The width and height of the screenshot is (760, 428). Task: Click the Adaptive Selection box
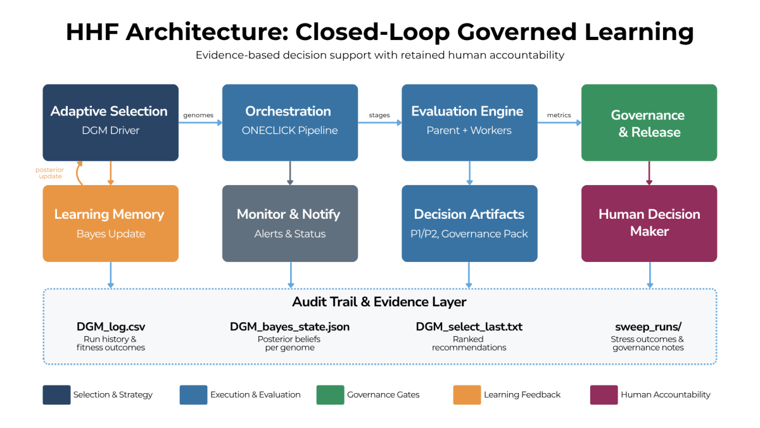110,122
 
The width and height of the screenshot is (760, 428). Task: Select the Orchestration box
289,122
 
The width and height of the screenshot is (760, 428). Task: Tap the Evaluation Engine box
469,122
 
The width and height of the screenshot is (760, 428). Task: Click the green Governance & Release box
649,123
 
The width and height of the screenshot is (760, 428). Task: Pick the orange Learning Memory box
110,223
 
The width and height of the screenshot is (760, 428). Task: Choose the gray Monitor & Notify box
289,223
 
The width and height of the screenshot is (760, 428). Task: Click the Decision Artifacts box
469,223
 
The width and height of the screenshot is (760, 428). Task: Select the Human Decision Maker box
649,223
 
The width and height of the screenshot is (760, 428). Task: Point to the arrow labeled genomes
200,122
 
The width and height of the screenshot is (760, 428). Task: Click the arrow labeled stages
380,122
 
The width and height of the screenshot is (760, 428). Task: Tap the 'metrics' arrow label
559,115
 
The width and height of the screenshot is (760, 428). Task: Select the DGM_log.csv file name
111,327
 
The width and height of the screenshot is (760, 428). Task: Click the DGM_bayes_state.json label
289,327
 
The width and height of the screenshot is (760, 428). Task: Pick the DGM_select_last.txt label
469,327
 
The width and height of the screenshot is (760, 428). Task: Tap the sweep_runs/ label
649,327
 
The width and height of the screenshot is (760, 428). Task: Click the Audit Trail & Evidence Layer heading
379,302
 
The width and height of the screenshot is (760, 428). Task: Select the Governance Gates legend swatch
330,394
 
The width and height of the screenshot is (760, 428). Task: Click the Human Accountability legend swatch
604,394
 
